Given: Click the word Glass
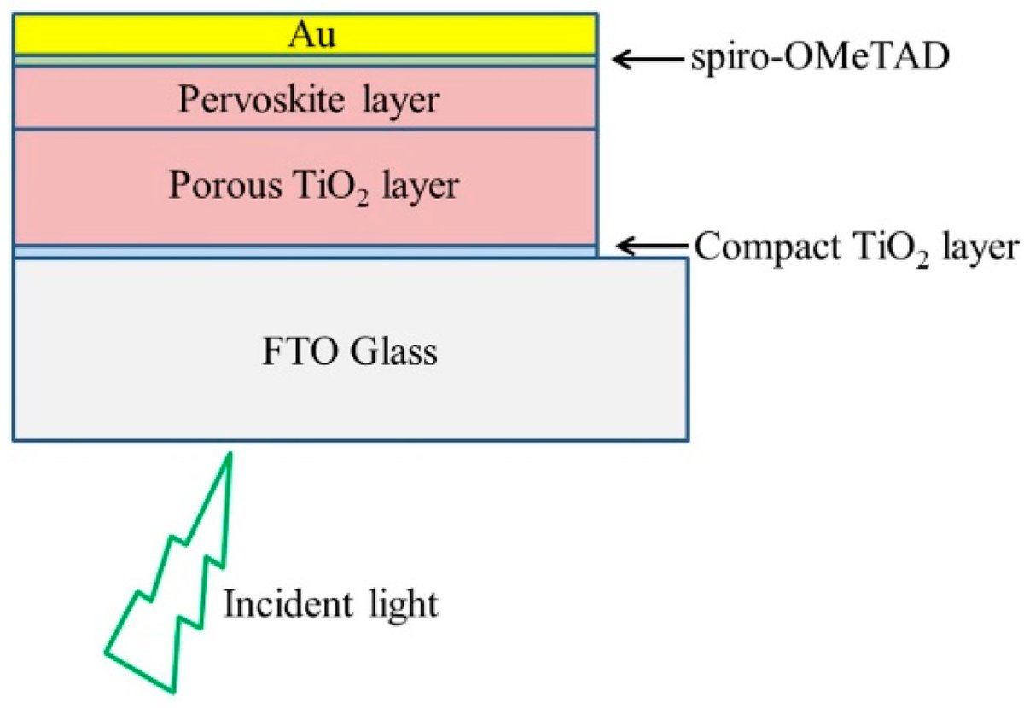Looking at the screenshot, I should pos(395,351).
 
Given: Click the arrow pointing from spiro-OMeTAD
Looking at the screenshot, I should pos(648,59).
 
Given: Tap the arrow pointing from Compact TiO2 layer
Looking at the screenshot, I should pos(648,247).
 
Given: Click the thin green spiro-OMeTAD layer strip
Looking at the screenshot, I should pos(304,61).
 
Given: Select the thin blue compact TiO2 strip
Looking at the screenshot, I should pos(304,252).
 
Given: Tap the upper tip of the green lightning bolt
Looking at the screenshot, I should pos(230,456).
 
